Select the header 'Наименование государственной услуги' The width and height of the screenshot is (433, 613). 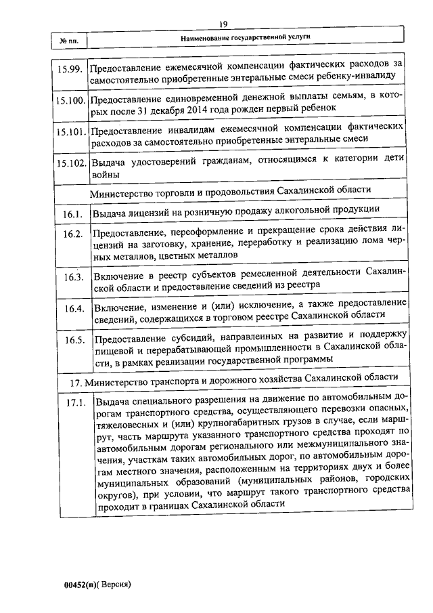tap(249, 39)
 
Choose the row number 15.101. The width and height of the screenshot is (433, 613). tap(70, 131)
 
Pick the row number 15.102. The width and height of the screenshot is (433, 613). tap(70, 163)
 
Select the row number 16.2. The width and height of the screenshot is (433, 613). tap(73, 234)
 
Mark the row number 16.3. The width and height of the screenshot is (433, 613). tap(74, 277)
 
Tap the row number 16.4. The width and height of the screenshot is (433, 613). tap(74, 309)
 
